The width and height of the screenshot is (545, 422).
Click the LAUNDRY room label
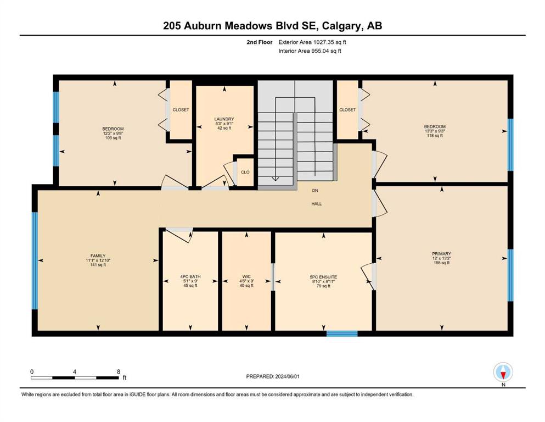click(x=224, y=119)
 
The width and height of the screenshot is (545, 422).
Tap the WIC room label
click(x=246, y=277)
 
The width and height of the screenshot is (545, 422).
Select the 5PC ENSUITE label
click(x=323, y=277)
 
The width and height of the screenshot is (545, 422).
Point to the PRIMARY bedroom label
click(x=441, y=254)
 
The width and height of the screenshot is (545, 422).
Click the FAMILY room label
click(x=98, y=256)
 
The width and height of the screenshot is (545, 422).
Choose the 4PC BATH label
click(x=190, y=277)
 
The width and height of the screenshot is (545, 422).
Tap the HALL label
click(x=316, y=204)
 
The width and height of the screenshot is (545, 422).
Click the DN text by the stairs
click(x=315, y=191)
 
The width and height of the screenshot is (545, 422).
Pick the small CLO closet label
click(x=245, y=172)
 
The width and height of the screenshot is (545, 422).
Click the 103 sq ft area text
click(x=113, y=138)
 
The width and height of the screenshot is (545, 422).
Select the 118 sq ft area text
click(x=435, y=136)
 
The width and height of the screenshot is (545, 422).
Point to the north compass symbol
click(x=503, y=372)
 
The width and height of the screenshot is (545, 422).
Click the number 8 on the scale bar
click(x=119, y=371)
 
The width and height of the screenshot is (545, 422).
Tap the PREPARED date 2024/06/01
click(x=287, y=376)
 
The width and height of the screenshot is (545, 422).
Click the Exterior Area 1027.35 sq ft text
click(x=312, y=42)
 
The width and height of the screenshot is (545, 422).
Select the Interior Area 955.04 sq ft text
click(x=310, y=51)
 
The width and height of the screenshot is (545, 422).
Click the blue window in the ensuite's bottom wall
click(x=342, y=334)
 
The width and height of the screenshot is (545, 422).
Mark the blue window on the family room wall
click(x=35, y=260)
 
